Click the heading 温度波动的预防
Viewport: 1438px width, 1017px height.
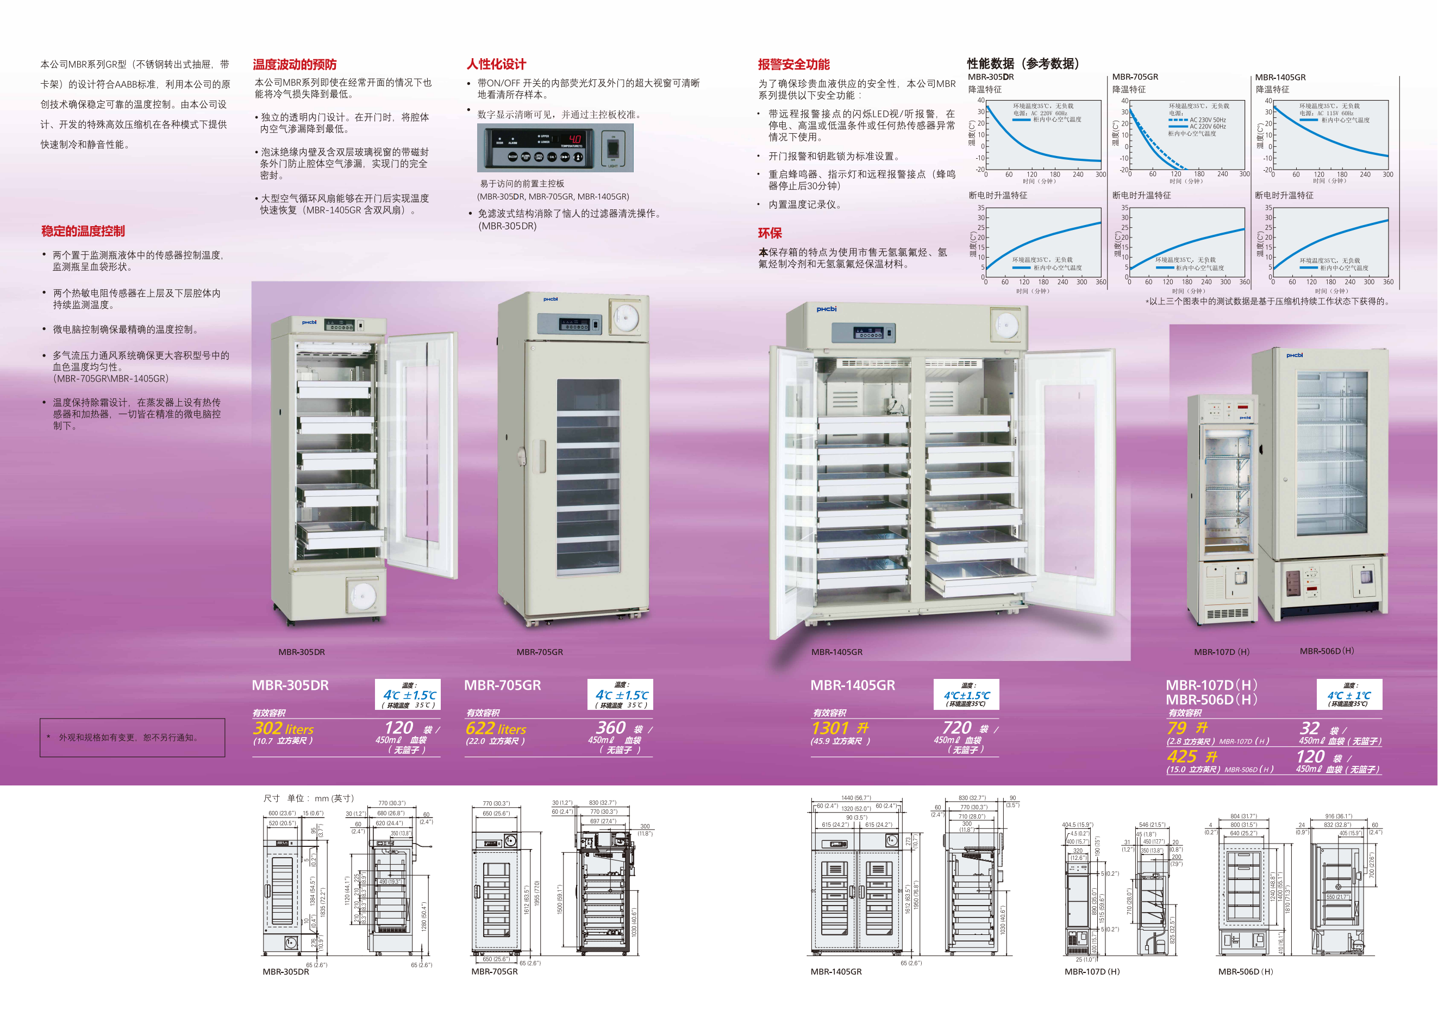point(295,65)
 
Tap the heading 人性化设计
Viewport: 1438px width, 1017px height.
point(496,65)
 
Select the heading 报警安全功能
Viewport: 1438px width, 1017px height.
point(793,65)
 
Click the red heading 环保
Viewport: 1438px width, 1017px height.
point(770,234)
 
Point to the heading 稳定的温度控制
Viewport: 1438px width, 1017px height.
point(83,231)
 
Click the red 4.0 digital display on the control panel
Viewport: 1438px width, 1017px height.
point(574,139)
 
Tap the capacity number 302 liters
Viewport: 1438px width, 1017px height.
point(283,729)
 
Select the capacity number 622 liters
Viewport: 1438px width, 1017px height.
point(496,729)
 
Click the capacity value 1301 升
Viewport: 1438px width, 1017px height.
point(840,728)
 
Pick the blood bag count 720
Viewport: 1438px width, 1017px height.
point(956,728)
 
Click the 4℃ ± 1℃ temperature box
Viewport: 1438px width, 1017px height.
point(1349,695)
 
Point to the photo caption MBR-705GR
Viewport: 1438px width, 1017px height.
point(539,652)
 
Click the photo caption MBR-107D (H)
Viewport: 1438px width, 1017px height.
point(1221,652)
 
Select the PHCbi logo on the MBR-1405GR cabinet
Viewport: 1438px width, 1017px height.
point(826,309)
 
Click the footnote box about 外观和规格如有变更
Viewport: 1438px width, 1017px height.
point(132,738)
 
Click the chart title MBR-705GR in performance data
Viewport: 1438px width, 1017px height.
point(1135,77)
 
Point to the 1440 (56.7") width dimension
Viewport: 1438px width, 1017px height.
point(855,798)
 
